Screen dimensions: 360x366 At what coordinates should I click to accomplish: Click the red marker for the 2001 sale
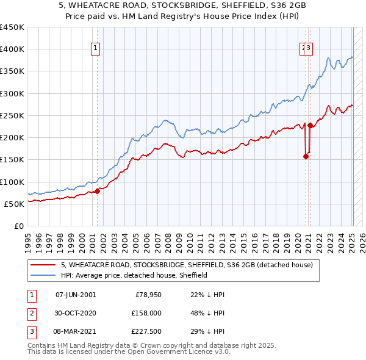[97, 191]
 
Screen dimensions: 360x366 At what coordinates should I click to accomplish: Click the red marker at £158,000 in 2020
[306, 156]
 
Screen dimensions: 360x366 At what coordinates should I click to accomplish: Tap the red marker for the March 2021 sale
[310, 126]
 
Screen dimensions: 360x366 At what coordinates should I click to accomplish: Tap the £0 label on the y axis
[18, 226]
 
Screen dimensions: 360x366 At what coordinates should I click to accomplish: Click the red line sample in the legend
[43, 265]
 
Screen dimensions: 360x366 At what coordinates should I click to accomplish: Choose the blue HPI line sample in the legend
[43, 275]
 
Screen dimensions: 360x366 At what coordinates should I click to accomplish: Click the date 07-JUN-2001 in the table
[76, 295]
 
